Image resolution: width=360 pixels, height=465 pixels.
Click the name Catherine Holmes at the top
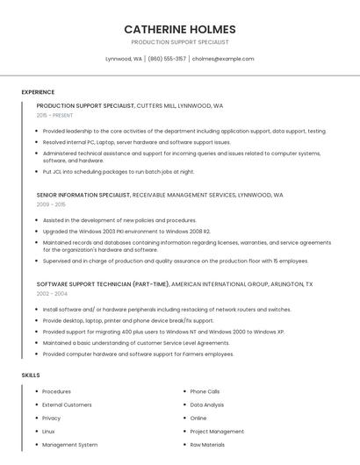tap(179, 29)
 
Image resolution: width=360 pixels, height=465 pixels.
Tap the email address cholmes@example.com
tap(223, 59)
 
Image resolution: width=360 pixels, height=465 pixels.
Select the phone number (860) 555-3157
tap(167, 59)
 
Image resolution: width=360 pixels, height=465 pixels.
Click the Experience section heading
tap(38, 92)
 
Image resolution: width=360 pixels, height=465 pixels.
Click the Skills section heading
tap(31, 375)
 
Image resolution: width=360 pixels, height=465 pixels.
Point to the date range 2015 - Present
tap(55, 115)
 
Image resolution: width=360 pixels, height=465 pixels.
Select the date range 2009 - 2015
tap(51, 204)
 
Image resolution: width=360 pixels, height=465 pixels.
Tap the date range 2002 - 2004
tap(52, 294)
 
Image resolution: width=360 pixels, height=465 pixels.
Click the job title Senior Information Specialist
tap(83, 195)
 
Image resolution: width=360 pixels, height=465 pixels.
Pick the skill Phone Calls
tap(205, 391)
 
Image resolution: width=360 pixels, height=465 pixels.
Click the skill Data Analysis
tap(207, 404)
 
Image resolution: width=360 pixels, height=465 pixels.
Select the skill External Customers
tap(67, 404)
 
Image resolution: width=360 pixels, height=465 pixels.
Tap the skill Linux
tap(48, 432)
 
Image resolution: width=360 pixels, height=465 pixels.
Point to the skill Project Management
tap(217, 432)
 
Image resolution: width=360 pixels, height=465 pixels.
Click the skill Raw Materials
tap(208, 445)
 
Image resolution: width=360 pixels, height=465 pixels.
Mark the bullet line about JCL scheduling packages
tap(119, 172)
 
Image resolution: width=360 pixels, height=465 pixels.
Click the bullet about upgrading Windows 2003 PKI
tap(126, 231)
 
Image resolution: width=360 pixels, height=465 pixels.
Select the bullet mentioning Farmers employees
tap(138, 354)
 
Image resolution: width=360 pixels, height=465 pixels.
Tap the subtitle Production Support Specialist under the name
tap(179, 42)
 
